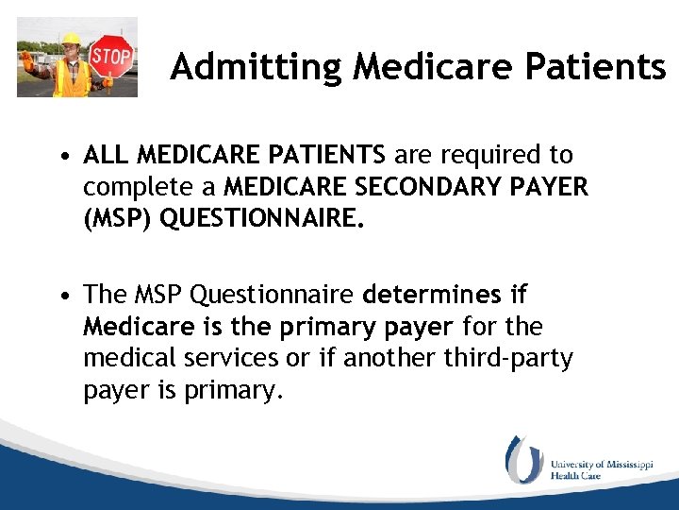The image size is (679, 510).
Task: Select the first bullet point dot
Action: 60,155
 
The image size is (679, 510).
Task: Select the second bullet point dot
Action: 60,297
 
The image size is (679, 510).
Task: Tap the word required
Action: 507,154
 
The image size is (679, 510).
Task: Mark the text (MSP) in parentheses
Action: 118,219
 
